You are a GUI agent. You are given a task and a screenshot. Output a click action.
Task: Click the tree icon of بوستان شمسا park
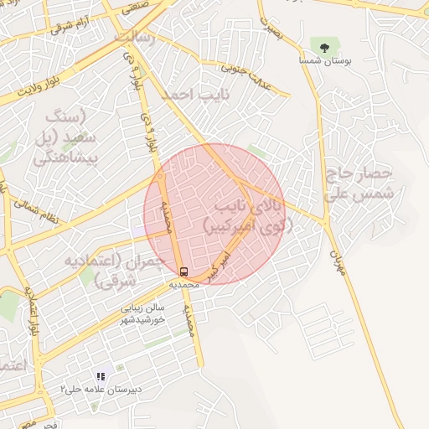(323, 44)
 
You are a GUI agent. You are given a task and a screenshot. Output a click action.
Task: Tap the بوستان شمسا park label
(323, 60)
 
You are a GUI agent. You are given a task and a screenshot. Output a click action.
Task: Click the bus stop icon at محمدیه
(183, 271)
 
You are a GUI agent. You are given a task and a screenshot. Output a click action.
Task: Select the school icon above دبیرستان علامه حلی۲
(100, 377)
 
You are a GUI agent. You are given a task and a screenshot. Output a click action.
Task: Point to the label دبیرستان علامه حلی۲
(100, 390)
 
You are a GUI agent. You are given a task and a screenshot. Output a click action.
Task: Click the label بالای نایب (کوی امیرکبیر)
(248, 214)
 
